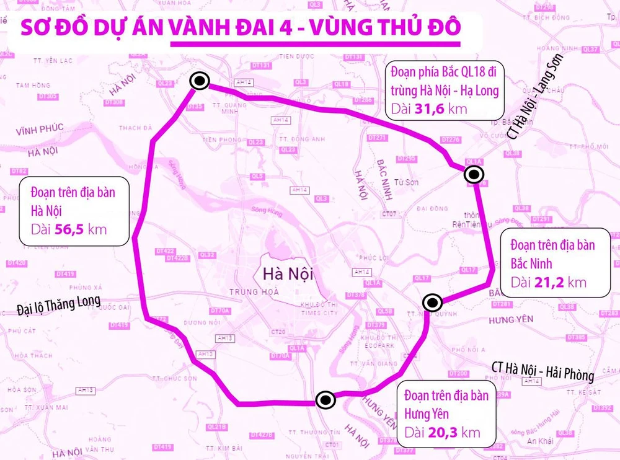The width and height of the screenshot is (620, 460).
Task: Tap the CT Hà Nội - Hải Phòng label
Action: pyautogui.click(x=542, y=373)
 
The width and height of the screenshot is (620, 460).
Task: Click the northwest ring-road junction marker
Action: pyautogui.click(x=200, y=81)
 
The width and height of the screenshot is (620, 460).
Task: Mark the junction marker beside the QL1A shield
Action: pyautogui.click(x=474, y=175)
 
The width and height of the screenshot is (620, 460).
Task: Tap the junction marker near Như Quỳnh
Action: pyautogui.click(x=432, y=303)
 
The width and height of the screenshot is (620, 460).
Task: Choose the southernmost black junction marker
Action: pyautogui.click(x=325, y=400)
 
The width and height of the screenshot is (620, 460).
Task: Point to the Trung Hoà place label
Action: pyautogui.click(x=254, y=291)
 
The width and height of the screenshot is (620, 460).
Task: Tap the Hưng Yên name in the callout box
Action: pyautogui.click(x=427, y=414)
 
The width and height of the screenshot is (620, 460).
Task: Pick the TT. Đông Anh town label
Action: pyautogui.click(x=302, y=139)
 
